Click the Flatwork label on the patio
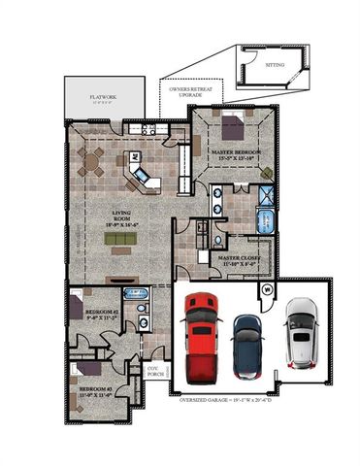pyautogui.click(x=104, y=99)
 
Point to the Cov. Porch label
pyautogui.click(x=152, y=372)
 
